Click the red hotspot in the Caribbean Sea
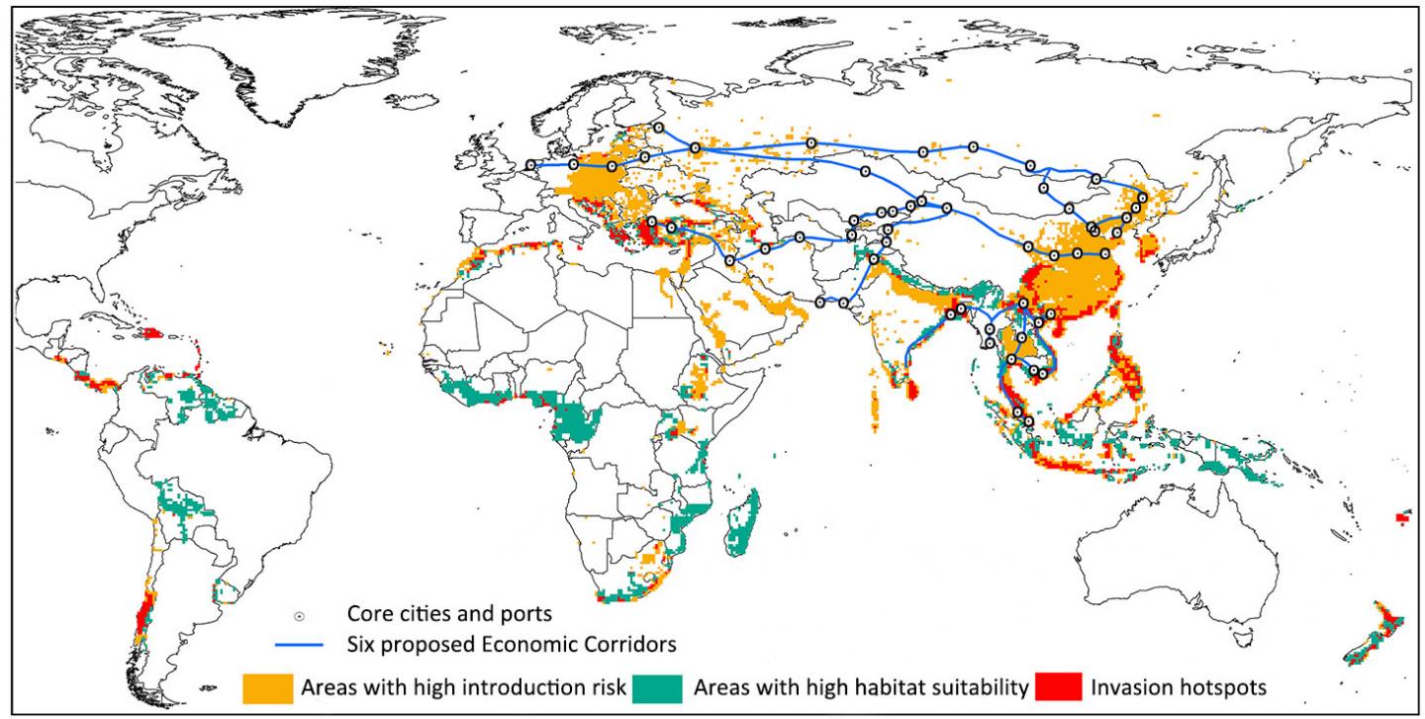pyautogui.click(x=152, y=333)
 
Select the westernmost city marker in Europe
pyautogui.click(x=532, y=165)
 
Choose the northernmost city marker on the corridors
pyautogui.click(x=658, y=128)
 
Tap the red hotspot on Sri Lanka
pyautogui.click(x=911, y=391)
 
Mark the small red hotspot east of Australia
pyautogui.click(x=1402, y=517)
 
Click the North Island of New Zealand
pyautogui.click(x=1391, y=621)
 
